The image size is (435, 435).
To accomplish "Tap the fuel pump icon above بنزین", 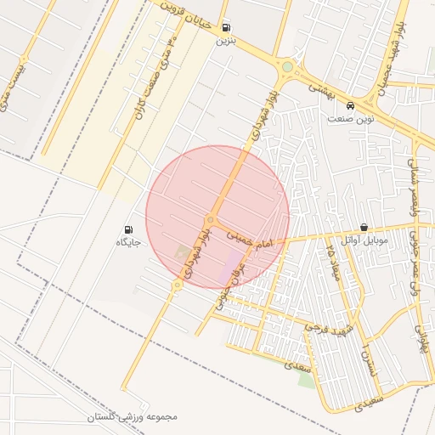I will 225,27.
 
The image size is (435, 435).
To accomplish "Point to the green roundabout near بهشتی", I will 287,66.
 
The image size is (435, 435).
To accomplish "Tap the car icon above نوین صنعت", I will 351,105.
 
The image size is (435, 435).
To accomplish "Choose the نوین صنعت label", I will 351,119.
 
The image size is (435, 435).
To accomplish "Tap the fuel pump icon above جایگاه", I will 128,229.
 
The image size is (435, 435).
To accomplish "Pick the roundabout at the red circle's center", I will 210,219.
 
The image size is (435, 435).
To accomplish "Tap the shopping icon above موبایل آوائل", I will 364,228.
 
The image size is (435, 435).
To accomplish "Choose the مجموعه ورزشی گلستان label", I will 133,417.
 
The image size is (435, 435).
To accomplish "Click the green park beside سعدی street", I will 307,378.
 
